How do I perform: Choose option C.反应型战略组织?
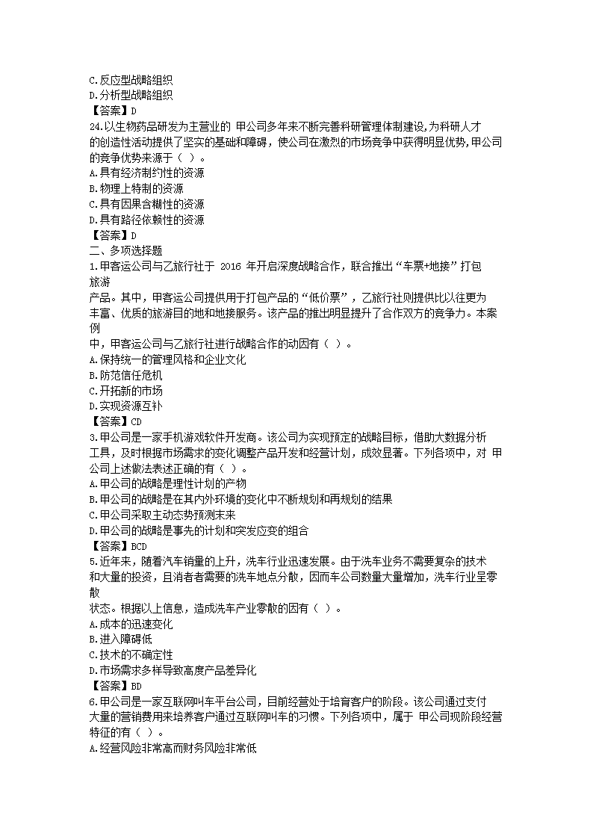click(131, 79)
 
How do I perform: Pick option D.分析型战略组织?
click(131, 95)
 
